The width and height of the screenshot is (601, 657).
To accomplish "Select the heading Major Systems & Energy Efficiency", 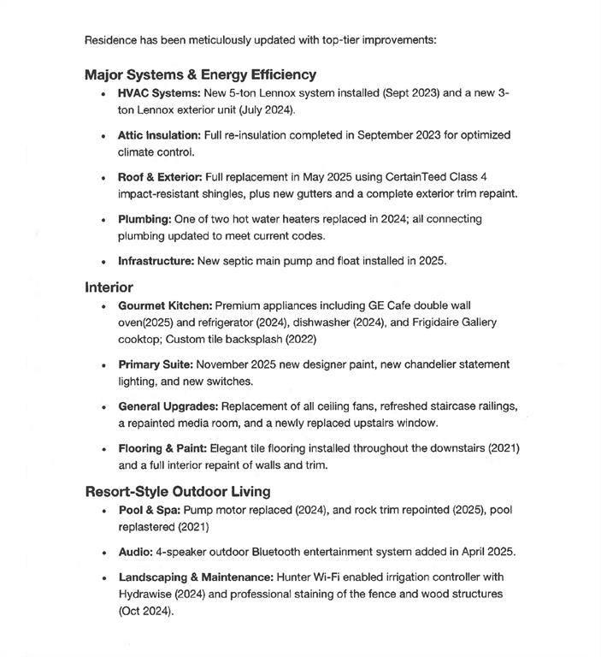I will (200, 74).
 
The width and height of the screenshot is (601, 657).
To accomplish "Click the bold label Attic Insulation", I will (160, 135).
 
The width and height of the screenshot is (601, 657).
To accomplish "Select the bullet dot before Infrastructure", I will (103, 261).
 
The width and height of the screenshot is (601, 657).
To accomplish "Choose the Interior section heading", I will (109, 287).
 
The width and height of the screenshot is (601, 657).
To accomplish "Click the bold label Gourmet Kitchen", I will (165, 305).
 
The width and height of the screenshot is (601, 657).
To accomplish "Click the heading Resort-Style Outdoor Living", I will (178, 491).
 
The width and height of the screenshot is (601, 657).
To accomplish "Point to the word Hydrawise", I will (148, 594).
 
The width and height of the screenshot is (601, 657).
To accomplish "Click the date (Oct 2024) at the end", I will (145, 611).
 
